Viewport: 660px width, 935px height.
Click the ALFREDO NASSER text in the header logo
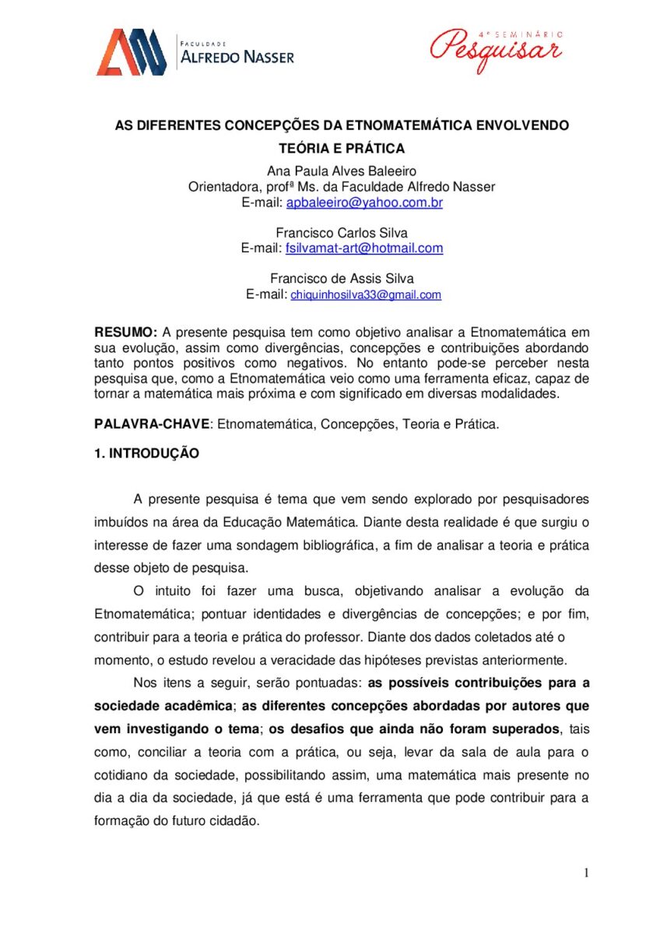(x=237, y=57)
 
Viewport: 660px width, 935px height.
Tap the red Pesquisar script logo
(x=496, y=48)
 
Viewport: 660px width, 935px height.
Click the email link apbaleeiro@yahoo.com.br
(x=364, y=203)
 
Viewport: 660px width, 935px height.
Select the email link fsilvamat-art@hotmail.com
(x=364, y=248)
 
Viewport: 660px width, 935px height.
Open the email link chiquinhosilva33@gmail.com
(x=366, y=295)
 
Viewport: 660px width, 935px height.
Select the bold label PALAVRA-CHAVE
(x=152, y=425)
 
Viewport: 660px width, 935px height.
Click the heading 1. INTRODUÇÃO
(x=146, y=453)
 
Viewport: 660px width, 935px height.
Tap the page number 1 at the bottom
(x=586, y=873)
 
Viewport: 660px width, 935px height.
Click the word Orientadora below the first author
(x=226, y=187)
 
